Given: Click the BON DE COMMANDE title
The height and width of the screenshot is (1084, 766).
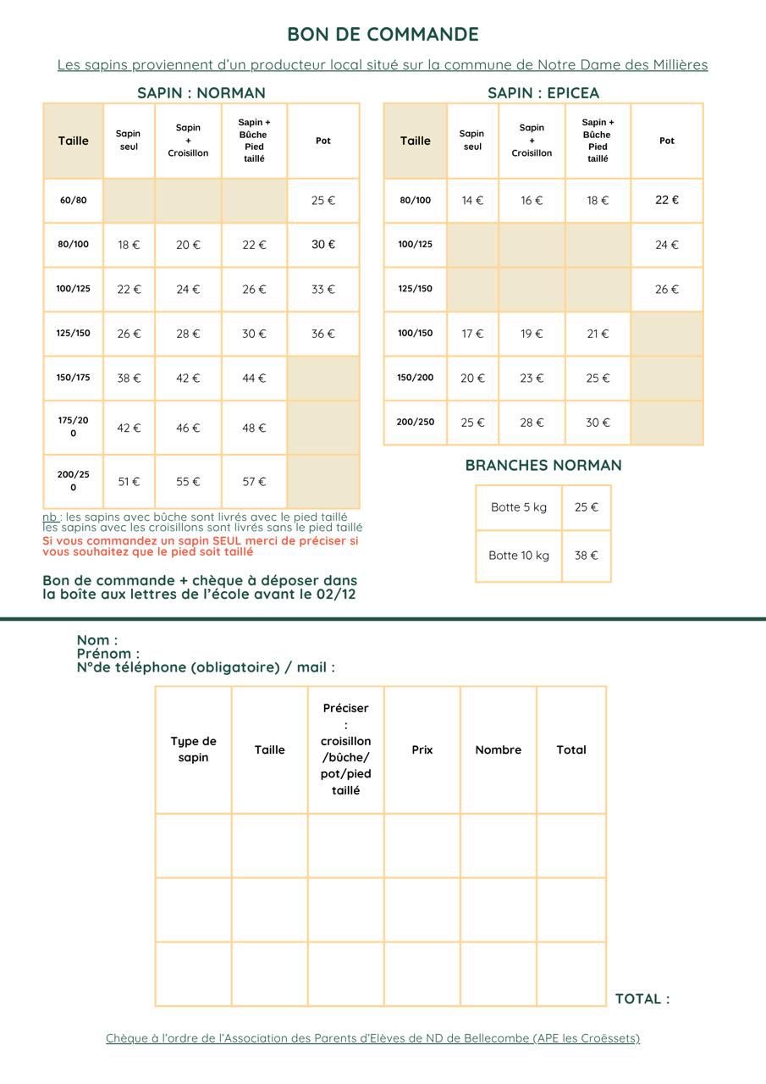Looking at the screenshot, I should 383,35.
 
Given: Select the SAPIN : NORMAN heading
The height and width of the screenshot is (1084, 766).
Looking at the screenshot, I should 201,93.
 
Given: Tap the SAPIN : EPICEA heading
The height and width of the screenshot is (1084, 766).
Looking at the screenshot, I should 543,93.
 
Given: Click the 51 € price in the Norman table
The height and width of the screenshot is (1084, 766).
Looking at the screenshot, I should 129,482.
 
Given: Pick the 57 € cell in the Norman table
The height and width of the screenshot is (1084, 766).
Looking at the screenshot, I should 254,482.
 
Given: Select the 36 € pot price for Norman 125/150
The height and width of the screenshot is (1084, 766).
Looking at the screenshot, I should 322,334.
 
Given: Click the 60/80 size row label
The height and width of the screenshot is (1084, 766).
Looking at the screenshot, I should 73,201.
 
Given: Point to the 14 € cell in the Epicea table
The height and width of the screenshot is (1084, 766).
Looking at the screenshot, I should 472,201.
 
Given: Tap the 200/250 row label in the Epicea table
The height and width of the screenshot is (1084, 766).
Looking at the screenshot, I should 415,422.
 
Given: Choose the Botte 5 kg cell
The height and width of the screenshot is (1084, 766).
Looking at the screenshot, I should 518,507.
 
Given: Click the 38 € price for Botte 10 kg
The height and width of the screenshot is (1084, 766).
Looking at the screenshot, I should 586,556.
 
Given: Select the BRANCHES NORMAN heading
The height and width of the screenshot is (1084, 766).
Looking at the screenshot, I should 543,465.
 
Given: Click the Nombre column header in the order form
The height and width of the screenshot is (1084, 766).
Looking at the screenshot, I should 498,749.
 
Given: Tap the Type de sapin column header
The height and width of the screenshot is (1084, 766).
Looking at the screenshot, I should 193,749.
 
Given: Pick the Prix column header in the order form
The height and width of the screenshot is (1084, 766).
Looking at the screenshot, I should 422,749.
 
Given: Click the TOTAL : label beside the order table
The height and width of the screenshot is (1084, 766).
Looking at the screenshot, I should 642,999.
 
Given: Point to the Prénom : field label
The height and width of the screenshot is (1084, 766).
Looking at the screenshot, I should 107,654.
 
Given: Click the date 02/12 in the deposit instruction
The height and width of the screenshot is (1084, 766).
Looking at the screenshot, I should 338,595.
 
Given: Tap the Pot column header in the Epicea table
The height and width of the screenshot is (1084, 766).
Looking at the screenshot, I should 666,141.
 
